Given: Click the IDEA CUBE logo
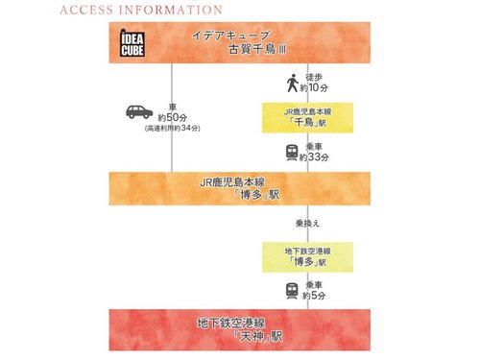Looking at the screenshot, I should click(x=128, y=45).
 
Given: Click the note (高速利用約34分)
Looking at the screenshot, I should click(x=172, y=128).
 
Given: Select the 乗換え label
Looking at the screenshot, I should click(x=307, y=221).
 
